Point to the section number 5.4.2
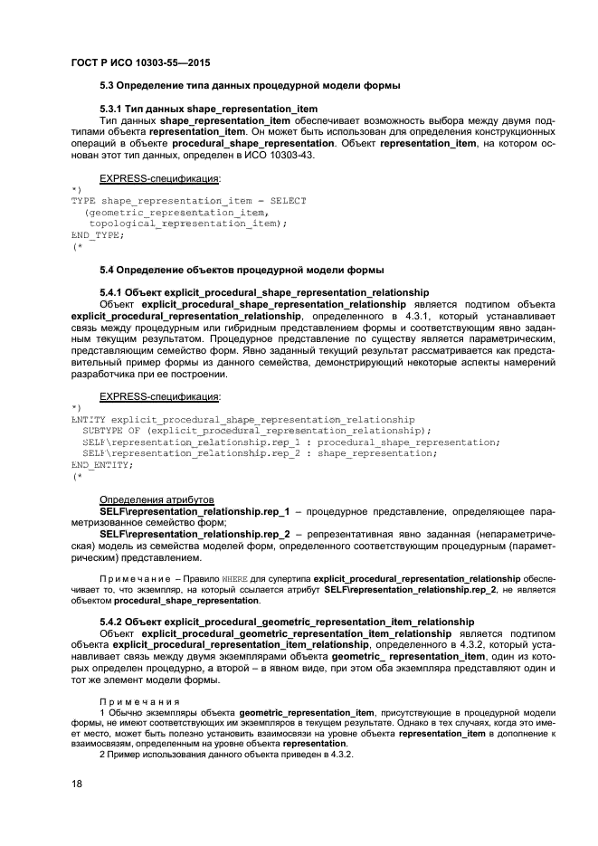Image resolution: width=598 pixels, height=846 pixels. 111,622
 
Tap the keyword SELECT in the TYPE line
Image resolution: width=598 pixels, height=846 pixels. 285,200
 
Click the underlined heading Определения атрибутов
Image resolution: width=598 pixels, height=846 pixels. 157,499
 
